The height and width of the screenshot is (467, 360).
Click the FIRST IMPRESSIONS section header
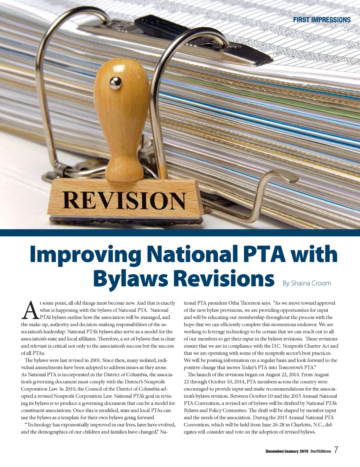322,20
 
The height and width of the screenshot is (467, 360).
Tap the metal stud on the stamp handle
115,83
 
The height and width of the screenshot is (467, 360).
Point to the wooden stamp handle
122,116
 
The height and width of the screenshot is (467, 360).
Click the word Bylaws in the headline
130,279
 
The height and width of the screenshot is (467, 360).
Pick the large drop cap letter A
30,310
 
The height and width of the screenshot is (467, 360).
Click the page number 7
336,450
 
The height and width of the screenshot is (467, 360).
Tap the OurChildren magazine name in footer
320,451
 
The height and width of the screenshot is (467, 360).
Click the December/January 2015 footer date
287,451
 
